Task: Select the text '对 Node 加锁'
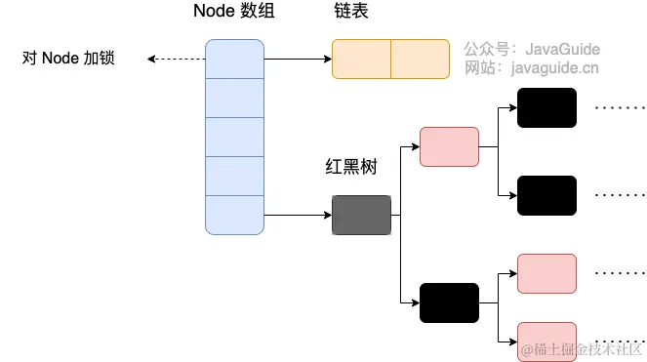tap(68, 59)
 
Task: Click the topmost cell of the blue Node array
tap(234, 59)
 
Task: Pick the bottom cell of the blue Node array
tap(234, 215)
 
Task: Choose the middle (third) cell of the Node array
tap(234, 137)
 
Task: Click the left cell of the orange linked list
tap(361, 59)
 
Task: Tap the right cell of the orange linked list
tap(421, 59)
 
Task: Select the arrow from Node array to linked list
tap(298, 59)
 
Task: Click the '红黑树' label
tap(350, 168)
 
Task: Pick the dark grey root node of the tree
tap(361, 215)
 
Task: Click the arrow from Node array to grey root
tap(298, 215)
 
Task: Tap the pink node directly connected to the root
tap(449, 146)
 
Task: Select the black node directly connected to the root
tap(449, 302)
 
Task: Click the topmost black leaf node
tap(546, 107)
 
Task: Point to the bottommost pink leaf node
tap(546, 342)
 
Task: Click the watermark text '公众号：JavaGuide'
tap(532, 48)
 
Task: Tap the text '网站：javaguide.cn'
tap(532, 67)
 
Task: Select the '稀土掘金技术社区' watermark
tap(583, 348)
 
